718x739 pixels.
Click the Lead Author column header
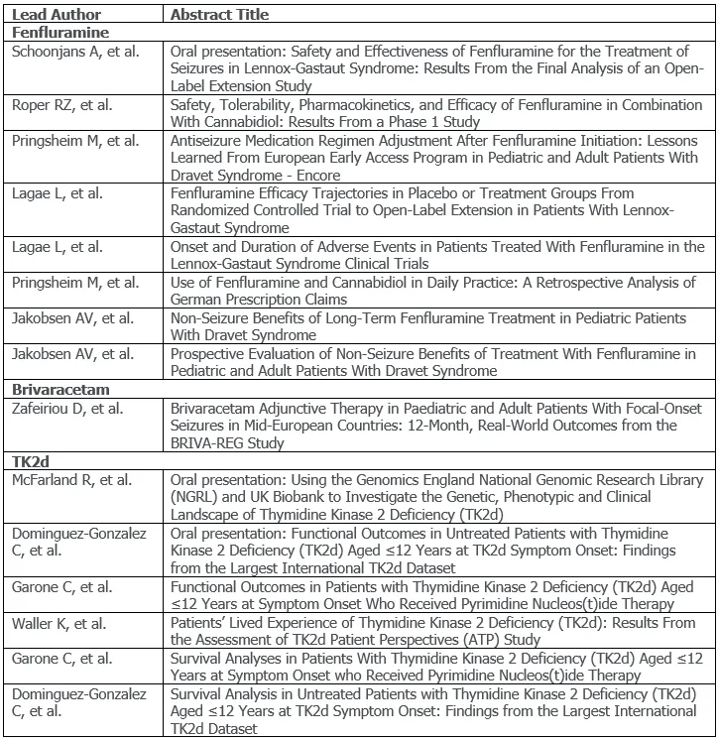tap(50, 15)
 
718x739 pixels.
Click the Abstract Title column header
tap(219, 15)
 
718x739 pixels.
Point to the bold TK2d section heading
tap(31, 460)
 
